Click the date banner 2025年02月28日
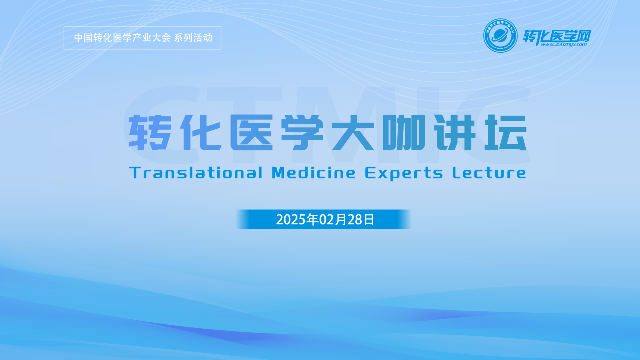[324, 219]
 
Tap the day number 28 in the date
[354, 220]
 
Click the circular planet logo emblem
[500, 35]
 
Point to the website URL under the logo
[563, 44]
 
